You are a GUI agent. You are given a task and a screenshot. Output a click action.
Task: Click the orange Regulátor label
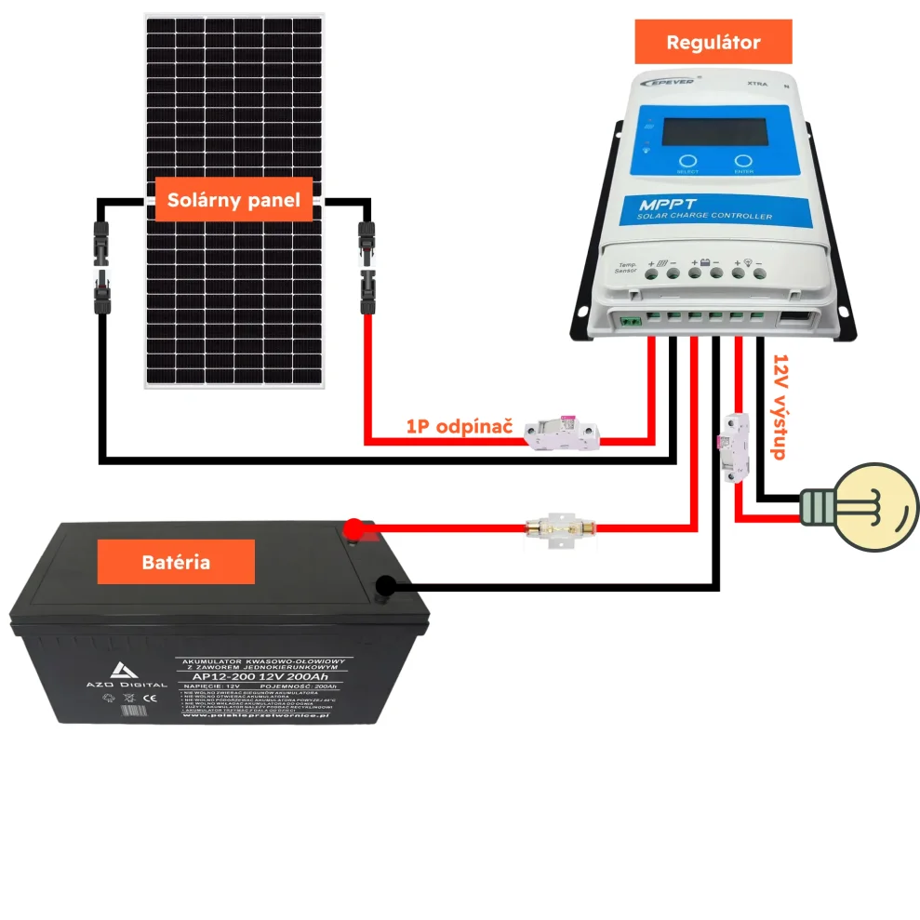click(x=713, y=42)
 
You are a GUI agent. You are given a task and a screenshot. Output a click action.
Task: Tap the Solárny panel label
click(x=233, y=200)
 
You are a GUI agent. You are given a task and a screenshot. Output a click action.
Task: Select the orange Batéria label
click(x=176, y=562)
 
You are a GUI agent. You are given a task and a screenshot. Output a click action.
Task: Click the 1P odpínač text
click(x=458, y=427)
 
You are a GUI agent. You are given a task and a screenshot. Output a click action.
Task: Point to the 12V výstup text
click(x=780, y=407)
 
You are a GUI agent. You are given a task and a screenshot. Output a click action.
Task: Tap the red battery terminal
click(x=353, y=530)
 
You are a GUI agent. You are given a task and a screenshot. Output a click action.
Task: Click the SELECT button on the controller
click(x=687, y=161)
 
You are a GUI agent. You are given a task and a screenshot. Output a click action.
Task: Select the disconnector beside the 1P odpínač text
click(x=562, y=433)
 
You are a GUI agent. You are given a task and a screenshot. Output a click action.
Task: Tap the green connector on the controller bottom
click(x=631, y=321)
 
